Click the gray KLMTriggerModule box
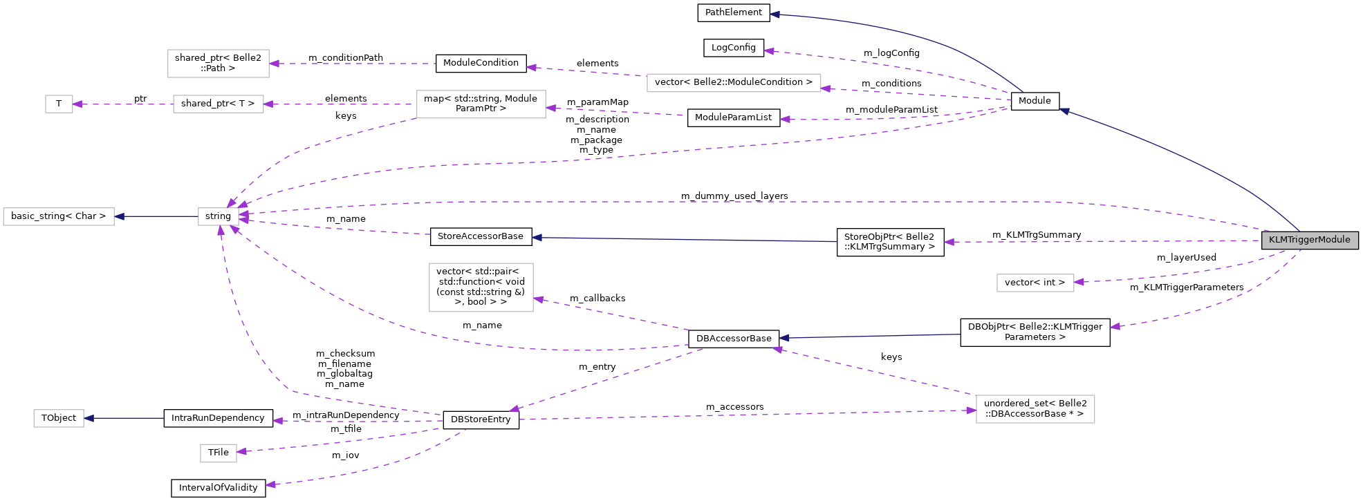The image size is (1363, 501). point(1310,240)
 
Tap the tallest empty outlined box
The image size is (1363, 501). point(481,287)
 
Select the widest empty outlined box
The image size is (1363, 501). point(734,83)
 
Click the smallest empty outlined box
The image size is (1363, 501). point(59,104)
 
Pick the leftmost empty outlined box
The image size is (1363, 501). point(59,216)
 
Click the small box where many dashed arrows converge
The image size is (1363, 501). point(218,216)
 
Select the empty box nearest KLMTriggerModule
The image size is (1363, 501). point(1035,283)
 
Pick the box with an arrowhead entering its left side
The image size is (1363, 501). point(1035,409)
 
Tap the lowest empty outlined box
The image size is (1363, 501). point(218,453)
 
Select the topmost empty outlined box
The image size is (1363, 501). point(218,64)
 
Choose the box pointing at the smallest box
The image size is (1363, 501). point(218,104)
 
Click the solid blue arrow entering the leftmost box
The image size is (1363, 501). point(156,216)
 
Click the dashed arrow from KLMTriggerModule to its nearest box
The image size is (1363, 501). point(1176,276)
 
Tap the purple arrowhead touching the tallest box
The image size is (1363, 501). point(539,299)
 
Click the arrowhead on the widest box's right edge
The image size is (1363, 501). point(826,88)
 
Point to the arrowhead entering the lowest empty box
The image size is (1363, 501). point(241,452)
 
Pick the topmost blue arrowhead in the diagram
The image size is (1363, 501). point(775,14)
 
